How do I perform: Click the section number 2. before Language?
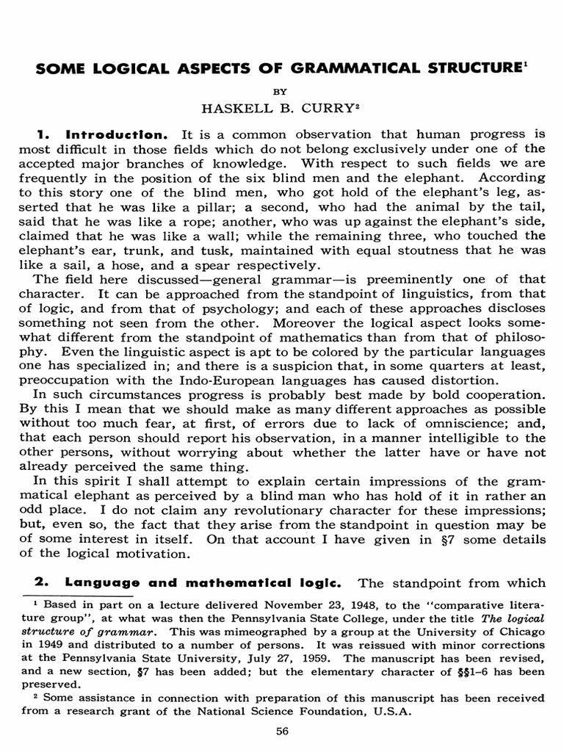click(41, 583)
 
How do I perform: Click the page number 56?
click(282, 731)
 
